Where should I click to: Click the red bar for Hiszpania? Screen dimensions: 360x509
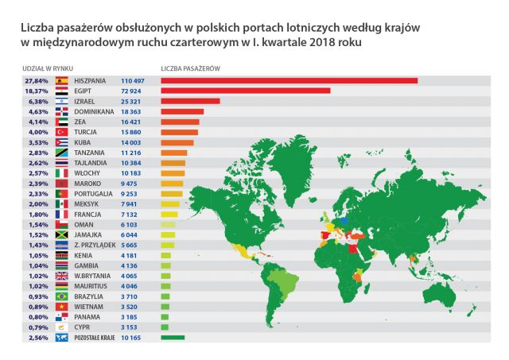[289, 80]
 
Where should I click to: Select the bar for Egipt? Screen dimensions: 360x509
[245, 91]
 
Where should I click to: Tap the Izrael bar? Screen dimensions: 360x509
[190, 101]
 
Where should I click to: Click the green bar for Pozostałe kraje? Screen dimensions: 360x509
[172, 337]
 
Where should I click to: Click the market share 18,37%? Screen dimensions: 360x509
[37, 91]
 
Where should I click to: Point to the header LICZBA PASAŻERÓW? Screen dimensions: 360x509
[190, 68]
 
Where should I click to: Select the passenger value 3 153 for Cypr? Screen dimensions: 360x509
[132, 326]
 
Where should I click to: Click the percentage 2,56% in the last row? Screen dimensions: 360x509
[37, 337]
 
